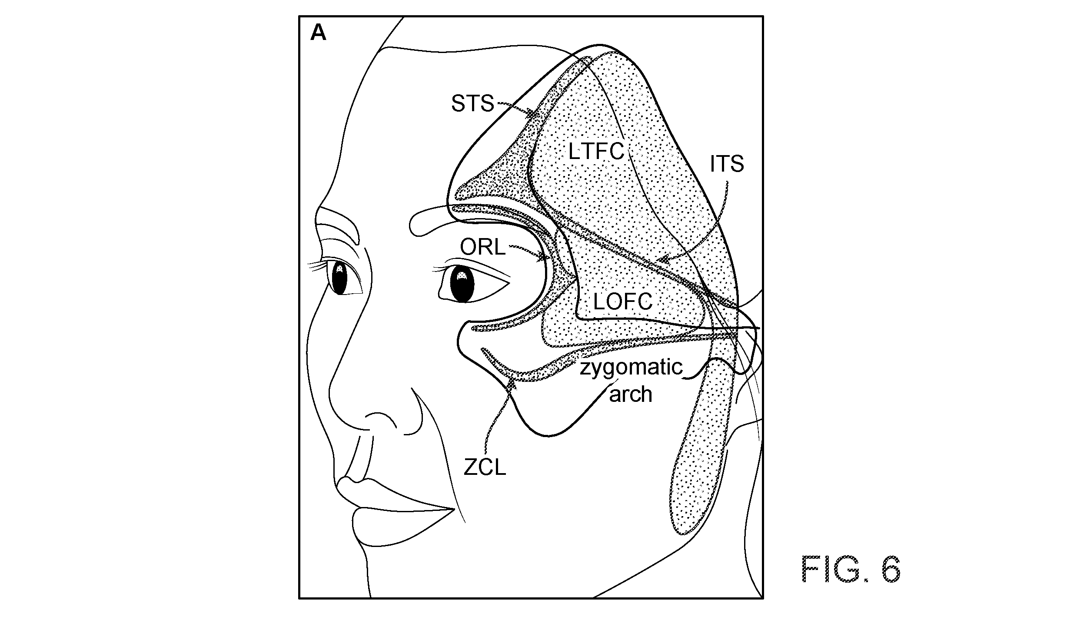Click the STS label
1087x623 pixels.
coord(472,104)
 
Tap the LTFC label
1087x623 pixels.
coord(596,152)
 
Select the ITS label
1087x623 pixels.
coord(727,164)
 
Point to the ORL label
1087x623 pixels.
coord(483,248)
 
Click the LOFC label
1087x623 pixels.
coord(623,302)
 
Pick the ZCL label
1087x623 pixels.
coord(485,467)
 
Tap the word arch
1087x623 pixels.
coord(631,394)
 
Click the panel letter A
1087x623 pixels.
coord(318,33)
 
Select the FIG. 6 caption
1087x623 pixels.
coord(851,569)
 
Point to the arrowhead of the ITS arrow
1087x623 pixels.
coord(663,260)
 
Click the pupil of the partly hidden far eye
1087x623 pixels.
coord(339,278)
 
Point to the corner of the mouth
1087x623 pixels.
coord(454,509)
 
